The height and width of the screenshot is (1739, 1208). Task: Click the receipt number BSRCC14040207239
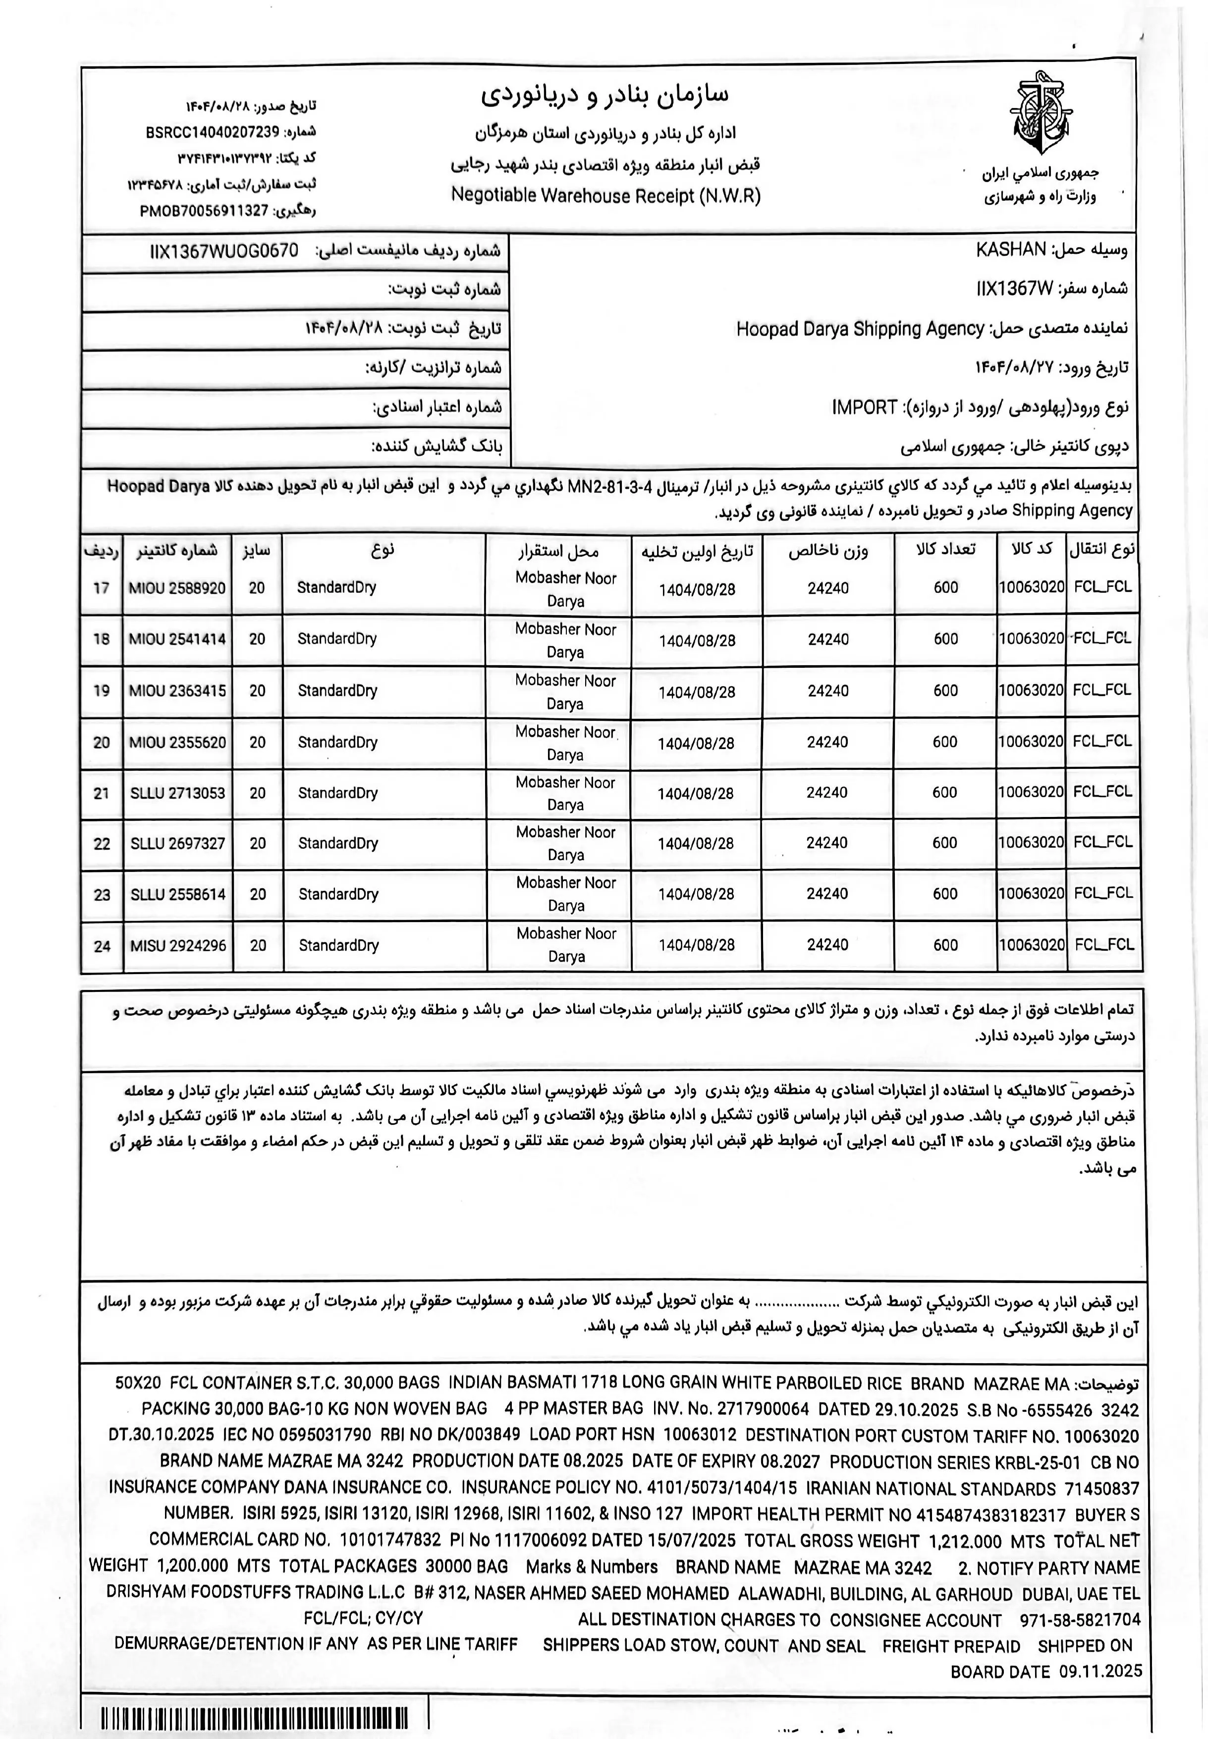coord(212,132)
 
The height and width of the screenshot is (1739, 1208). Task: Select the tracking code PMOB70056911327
coord(204,211)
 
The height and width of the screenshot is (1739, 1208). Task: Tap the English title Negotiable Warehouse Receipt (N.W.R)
coord(605,195)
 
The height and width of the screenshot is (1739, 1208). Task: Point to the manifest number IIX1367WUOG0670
coord(224,251)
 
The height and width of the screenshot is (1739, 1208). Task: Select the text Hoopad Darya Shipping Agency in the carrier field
coord(860,329)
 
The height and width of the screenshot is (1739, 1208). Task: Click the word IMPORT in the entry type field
coord(864,407)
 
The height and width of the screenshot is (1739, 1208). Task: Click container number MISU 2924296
coord(178,945)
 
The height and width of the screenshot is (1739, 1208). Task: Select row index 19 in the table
coord(102,691)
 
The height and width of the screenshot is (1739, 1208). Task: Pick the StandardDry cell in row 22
coord(337,843)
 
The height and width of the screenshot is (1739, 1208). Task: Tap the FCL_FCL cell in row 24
coord(1103,944)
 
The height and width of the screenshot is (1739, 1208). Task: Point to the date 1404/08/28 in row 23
coord(696,895)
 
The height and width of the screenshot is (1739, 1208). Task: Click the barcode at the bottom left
coord(254,1718)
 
